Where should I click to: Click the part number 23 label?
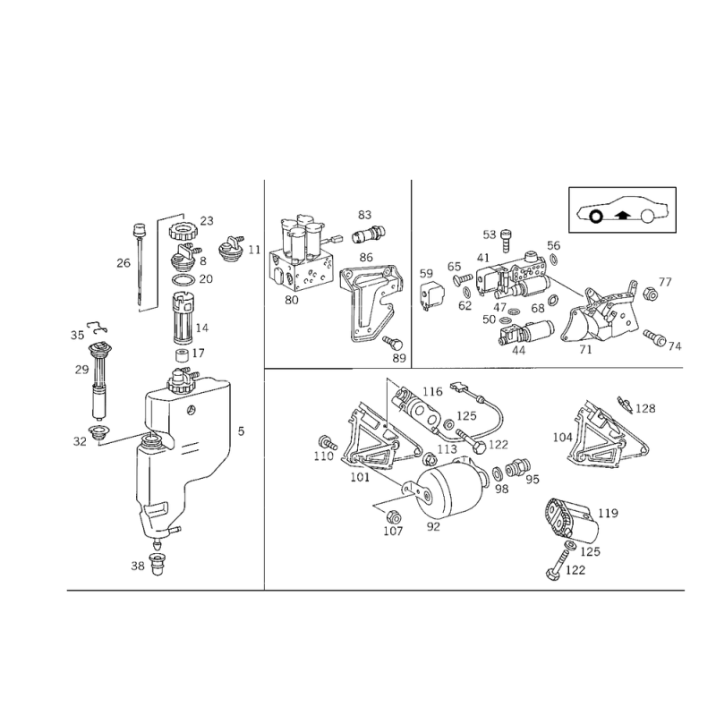[207, 221]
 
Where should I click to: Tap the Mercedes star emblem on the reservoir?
[192, 409]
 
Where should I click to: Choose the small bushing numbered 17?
[183, 354]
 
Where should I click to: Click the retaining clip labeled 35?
[98, 325]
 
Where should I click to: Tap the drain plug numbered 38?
[158, 564]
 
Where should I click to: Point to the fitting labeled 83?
[369, 234]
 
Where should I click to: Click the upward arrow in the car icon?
[619, 215]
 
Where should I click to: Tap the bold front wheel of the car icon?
[595, 217]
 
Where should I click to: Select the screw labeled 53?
[507, 240]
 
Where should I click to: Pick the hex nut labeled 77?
[650, 294]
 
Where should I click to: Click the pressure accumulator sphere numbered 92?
[452, 488]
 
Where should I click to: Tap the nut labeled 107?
[392, 517]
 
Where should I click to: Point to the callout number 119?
[608, 513]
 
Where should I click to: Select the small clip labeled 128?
[624, 403]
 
